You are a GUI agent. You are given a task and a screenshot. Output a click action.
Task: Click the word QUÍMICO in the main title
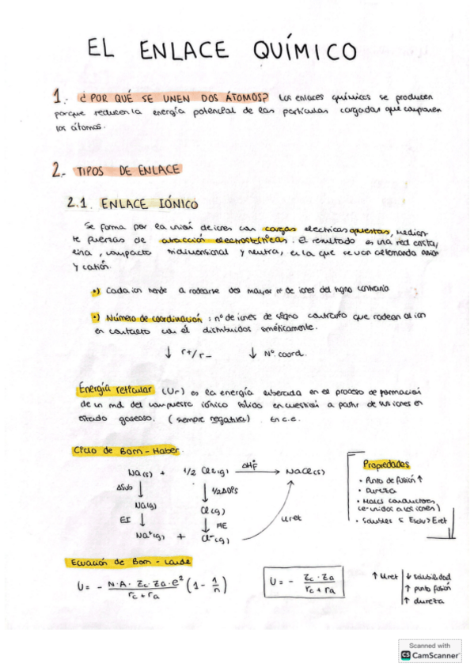click(x=305, y=51)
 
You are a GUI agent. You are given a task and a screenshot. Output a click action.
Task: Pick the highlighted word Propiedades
click(x=387, y=464)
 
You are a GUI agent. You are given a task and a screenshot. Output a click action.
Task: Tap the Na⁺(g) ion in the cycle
click(x=150, y=536)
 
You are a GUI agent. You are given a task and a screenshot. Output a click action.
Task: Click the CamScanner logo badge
click(x=430, y=650)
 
